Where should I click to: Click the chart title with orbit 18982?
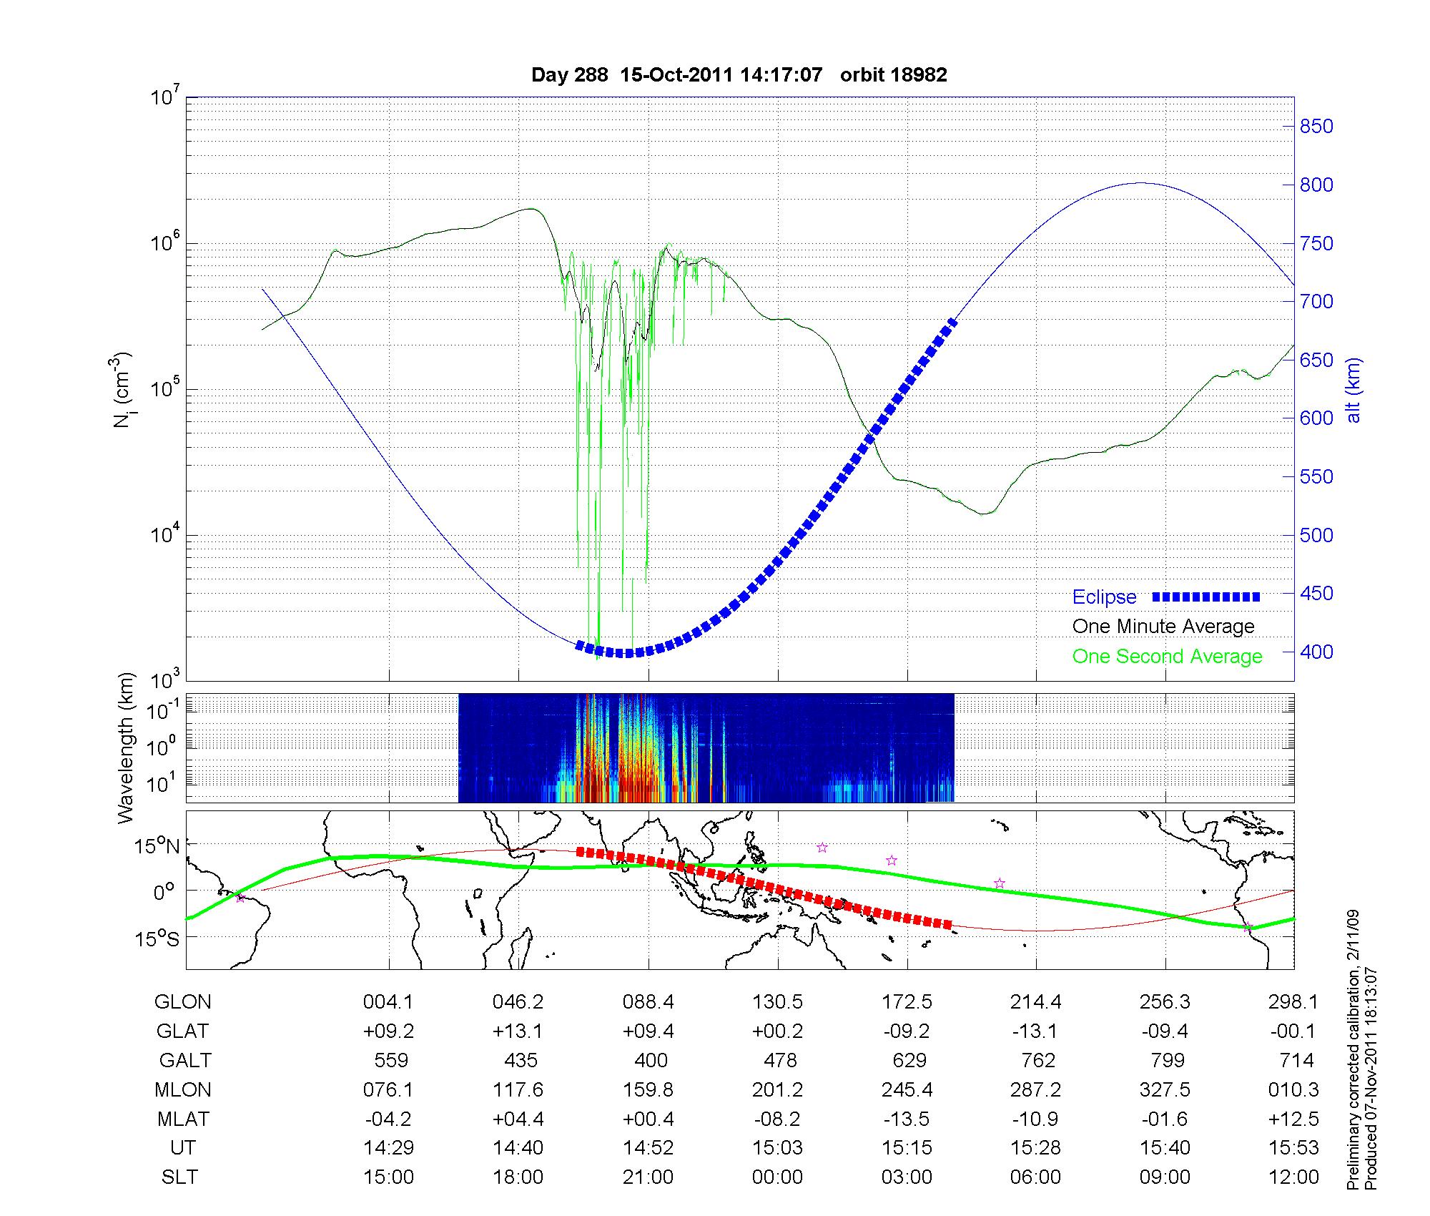coord(739,75)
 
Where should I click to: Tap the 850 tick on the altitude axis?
coord(1316,127)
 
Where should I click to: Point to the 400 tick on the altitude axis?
coord(1316,652)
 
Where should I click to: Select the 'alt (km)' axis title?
coord(1353,390)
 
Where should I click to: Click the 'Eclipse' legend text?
coord(1104,597)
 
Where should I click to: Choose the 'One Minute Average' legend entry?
coord(1163,627)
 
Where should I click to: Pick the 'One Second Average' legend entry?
coord(1167,657)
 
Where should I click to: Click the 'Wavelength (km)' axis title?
coord(126,748)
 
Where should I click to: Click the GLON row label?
coord(182,1002)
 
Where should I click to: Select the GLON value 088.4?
coord(648,1002)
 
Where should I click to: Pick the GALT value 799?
coord(1165,1060)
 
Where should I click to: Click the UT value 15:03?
coord(777,1148)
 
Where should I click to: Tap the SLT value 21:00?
coord(648,1177)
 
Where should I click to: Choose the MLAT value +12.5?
coord(1293,1119)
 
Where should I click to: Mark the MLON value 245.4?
coord(907,1090)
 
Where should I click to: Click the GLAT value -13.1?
coord(1036,1031)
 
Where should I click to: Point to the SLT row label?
coord(179,1177)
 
